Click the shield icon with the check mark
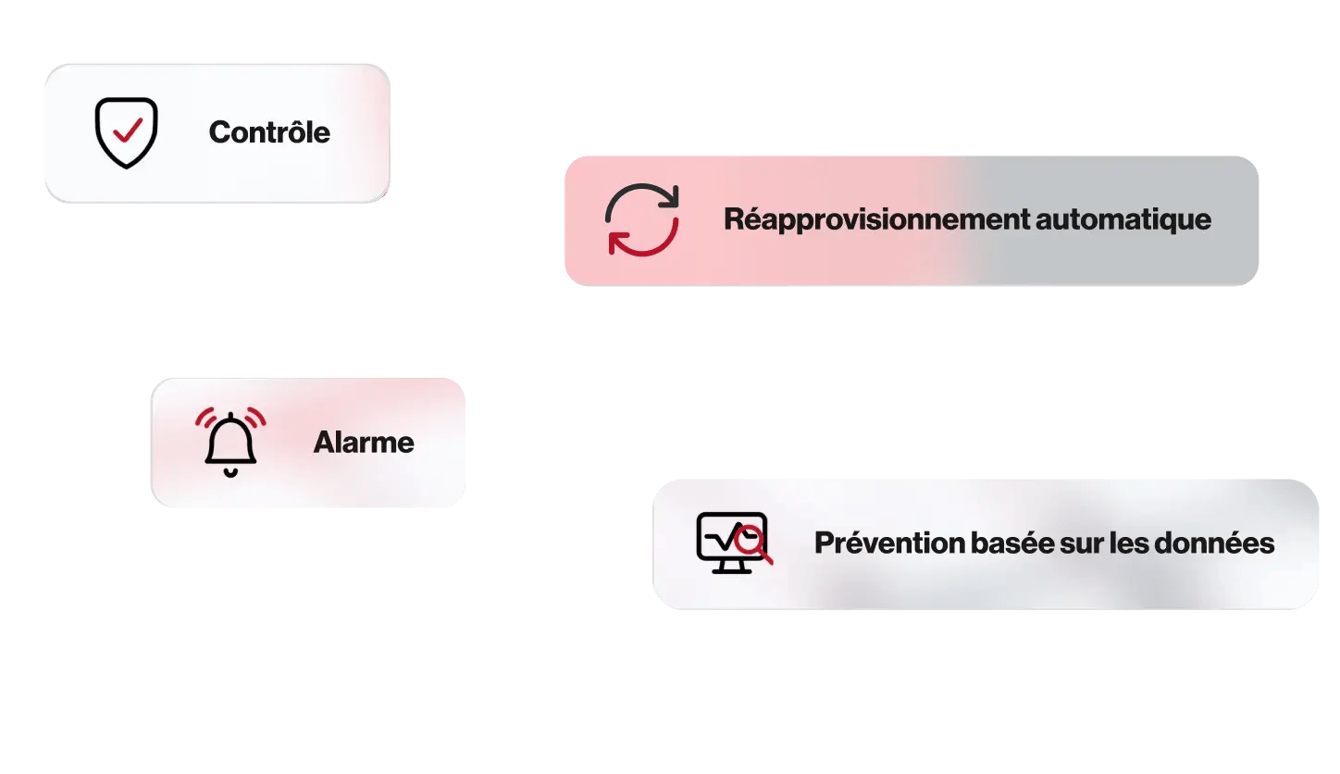click(x=126, y=133)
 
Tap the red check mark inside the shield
click(x=126, y=130)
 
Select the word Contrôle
click(x=269, y=132)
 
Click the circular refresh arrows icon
click(x=642, y=219)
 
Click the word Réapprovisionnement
click(x=875, y=220)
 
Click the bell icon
click(x=230, y=443)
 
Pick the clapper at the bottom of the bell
click(x=230, y=472)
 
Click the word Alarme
click(x=364, y=443)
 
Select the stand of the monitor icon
click(x=731, y=566)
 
